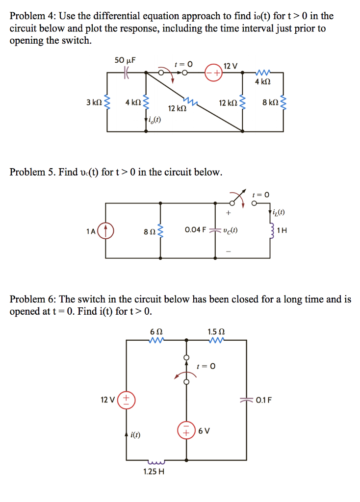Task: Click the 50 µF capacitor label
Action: coord(125,60)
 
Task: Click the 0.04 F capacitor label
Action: coord(195,230)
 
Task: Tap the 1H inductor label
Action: coord(282,230)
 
